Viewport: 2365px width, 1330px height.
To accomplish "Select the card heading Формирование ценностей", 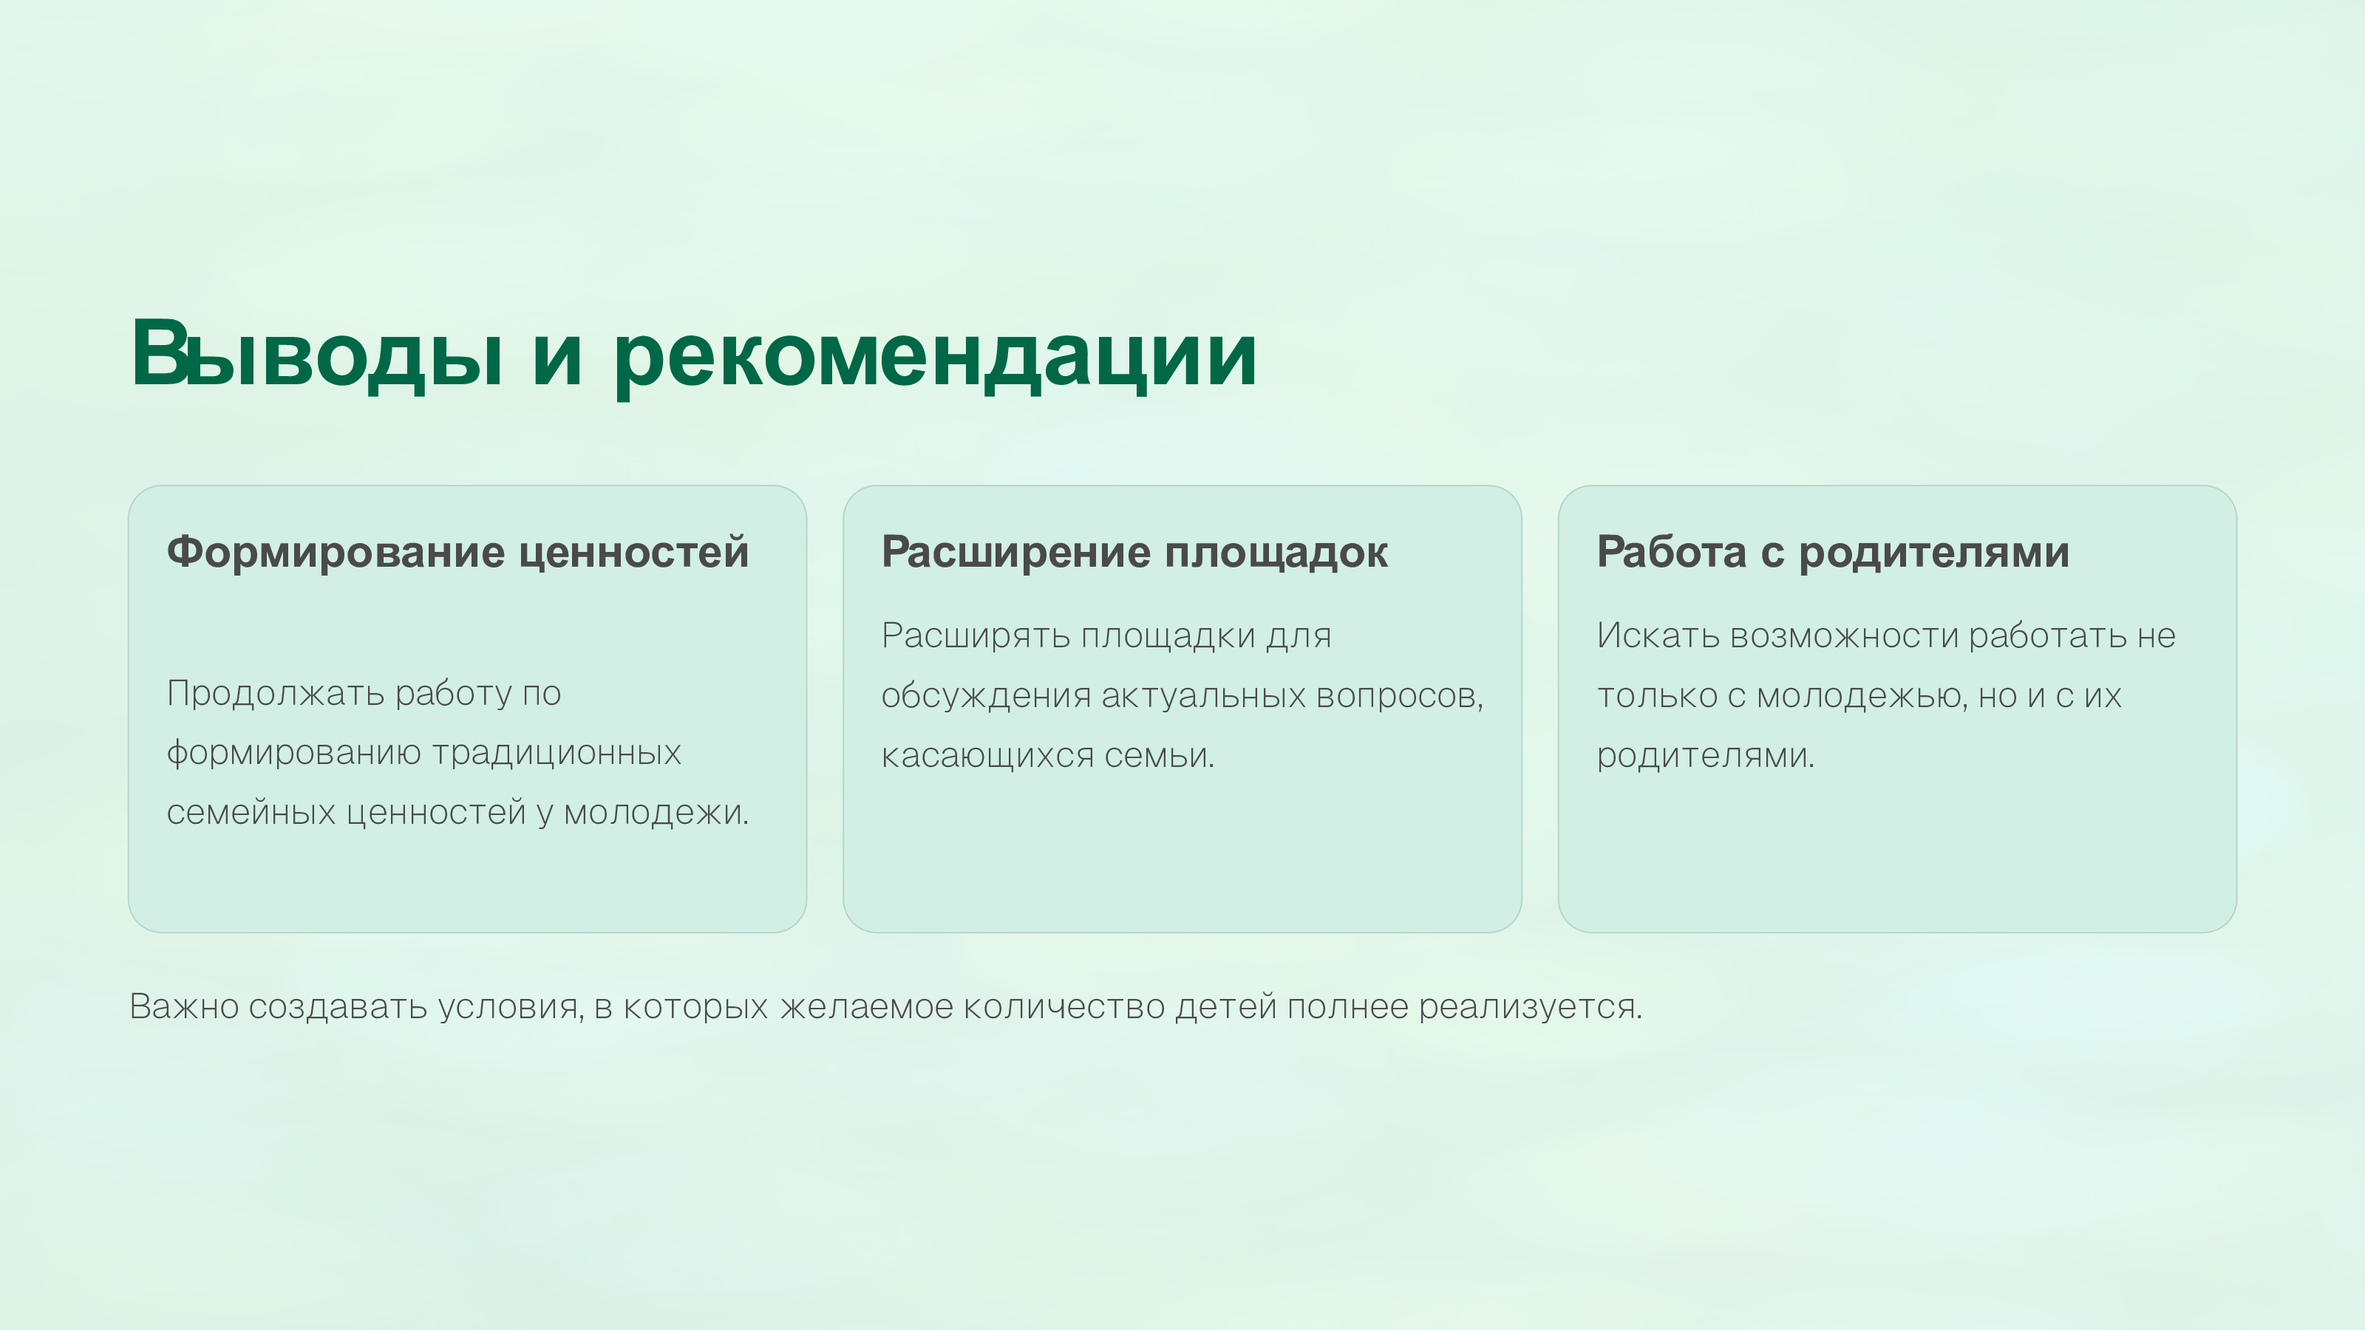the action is (x=457, y=553).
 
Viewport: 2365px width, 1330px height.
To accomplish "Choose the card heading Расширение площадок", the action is (x=1134, y=553).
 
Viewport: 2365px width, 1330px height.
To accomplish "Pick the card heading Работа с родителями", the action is (x=1833, y=553).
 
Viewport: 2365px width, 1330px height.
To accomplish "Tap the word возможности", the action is (x=1843, y=636).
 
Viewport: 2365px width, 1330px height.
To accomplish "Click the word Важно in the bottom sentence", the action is (x=183, y=1007).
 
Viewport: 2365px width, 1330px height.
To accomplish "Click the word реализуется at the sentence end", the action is (x=1530, y=1008).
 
